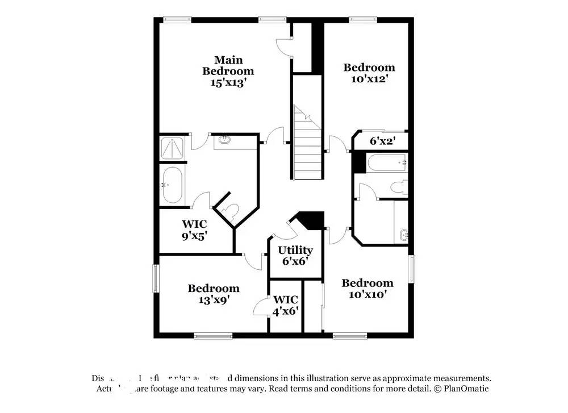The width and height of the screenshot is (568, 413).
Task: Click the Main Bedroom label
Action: [228, 65]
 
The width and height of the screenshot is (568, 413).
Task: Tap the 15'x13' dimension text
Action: [228, 82]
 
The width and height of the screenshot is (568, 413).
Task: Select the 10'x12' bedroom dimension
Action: [369, 79]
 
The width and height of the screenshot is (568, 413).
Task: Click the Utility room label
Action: [295, 250]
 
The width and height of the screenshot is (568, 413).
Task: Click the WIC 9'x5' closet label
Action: [194, 229]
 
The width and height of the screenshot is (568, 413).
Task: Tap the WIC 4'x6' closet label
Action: [286, 305]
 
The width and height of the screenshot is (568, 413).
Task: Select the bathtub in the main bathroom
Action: [172, 185]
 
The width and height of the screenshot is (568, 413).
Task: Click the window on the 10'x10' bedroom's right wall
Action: [412, 268]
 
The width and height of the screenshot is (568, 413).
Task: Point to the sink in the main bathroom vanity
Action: [224, 138]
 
